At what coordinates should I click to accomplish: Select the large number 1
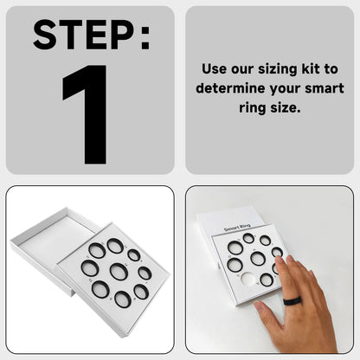[x=89, y=112]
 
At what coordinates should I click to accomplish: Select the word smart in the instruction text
[x=324, y=89]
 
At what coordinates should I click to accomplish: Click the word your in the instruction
[x=284, y=89]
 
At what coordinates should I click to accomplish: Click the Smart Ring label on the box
[x=236, y=228]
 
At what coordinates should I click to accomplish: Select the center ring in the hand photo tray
[x=258, y=260]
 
